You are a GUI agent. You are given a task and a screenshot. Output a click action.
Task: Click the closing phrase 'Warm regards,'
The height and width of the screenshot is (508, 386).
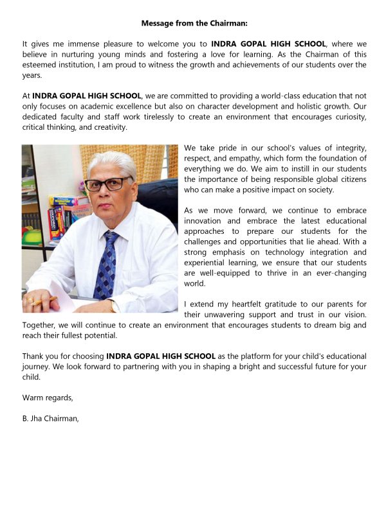[48, 398]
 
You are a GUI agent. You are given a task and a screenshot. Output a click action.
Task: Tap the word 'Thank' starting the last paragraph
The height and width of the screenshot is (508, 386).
[34, 356]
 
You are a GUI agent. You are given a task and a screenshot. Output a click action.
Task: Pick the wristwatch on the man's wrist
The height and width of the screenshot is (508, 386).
[115, 306]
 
